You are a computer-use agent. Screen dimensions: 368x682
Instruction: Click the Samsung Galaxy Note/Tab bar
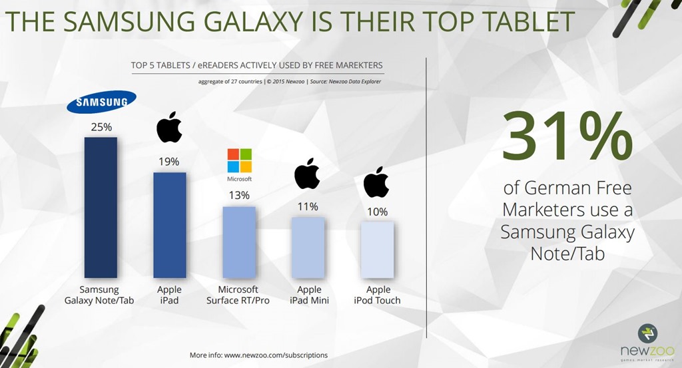click(100, 207)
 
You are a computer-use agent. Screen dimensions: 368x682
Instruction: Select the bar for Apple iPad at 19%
click(169, 225)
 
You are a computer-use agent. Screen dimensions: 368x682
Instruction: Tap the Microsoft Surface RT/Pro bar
click(239, 242)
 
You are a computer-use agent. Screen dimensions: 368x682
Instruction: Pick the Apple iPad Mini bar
click(308, 247)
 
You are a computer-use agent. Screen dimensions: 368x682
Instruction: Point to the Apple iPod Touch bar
click(377, 250)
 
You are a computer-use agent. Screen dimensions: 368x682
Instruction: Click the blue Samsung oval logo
click(101, 102)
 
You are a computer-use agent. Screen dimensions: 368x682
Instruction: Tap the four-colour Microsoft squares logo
click(239, 160)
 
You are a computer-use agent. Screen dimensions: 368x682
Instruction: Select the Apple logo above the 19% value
click(169, 127)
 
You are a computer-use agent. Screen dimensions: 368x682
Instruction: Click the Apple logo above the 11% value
click(307, 174)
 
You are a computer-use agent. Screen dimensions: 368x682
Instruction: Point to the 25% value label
click(100, 127)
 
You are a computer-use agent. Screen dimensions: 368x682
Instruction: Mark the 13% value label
click(239, 195)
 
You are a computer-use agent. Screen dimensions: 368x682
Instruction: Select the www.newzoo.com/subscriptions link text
click(275, 355)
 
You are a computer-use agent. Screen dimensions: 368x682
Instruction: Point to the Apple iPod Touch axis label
click(377, 295)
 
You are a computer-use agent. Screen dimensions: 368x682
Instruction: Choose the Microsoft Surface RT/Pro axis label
click(239, 295)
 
